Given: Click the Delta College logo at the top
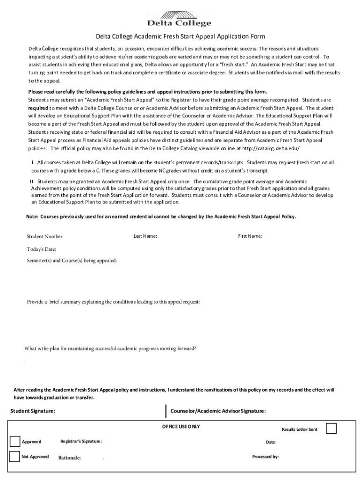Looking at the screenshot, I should point(180,18).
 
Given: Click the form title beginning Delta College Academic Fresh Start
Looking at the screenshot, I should point(180,36).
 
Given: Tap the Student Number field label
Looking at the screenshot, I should point(45,237).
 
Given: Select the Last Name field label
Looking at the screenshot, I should point(145,236).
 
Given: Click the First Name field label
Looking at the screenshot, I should point(250,236).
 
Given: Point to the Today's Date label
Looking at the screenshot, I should point(41,249).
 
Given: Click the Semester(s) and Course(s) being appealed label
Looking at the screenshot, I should point(72,260).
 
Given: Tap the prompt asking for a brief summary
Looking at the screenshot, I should point(113,302).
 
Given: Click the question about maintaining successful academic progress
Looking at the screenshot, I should point(110,348).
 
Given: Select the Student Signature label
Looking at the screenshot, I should point(33,411).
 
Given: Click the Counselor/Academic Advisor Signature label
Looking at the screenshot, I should point(218,411).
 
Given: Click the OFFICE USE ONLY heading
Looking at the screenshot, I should point(181,427).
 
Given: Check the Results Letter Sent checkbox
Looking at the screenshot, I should point(331,428).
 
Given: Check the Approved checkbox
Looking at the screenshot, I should point(14,441).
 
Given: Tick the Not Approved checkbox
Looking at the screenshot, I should point(14,457).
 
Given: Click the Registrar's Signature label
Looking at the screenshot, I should point(81,442).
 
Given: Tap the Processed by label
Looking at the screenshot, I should point(265,457).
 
